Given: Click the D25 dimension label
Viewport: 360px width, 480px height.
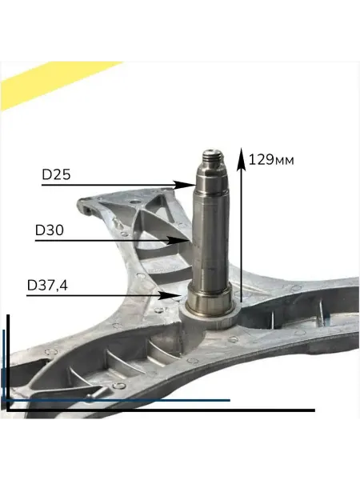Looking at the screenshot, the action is coord(56,174).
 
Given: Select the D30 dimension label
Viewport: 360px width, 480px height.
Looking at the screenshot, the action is coord(50,230).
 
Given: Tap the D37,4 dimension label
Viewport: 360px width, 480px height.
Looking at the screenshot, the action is coord(47,286).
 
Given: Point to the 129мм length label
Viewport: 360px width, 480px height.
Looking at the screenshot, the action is coord(271,160).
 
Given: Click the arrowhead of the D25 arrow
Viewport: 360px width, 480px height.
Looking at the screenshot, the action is coord(186,185).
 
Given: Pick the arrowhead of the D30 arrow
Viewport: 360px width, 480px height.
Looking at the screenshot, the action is coord(178,240).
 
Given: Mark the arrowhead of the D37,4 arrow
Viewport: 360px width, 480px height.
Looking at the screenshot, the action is coord(170,295).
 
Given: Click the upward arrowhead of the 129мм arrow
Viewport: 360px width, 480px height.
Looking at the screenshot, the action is coord(242,158).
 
